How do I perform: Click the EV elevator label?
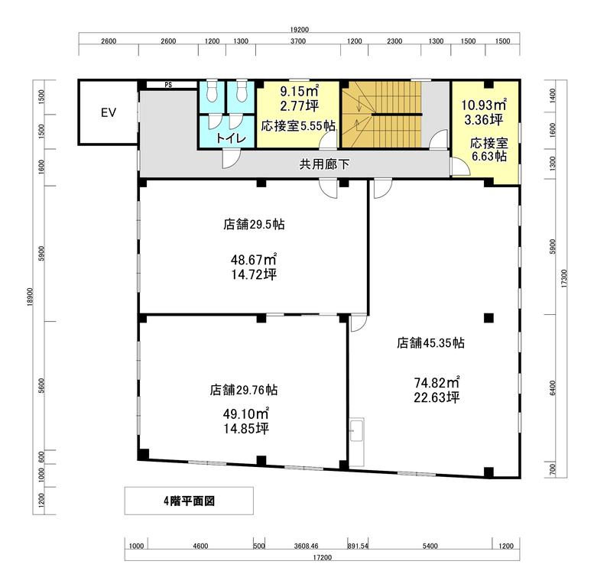tap(109, 112)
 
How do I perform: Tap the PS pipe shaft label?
tap(168, 85)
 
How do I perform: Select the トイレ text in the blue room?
tap(231, 138)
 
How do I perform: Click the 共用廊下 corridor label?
tap(324, 164)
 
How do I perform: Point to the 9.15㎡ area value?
tap(299, 91)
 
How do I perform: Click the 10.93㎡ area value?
tap(484, 105)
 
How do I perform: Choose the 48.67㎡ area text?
tap(254, 259)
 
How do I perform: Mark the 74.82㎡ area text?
tap(437, 382)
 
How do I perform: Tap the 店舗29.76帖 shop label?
tap(244, 390)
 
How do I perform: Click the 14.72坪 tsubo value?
tap(254, 274)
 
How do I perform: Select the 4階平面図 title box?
tap(189, 501)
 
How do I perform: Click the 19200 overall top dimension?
tap(299, 30)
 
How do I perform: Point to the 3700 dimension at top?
tap(298, 41)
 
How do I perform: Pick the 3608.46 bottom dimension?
tap(306, 546)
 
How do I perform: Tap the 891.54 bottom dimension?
tap(358, 546)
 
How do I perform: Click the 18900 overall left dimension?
tap(31, 297)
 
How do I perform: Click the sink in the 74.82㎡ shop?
tap(356, 430)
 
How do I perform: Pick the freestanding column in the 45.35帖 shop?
tap(489, 317)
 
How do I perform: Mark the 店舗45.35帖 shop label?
tap(430, 342)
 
